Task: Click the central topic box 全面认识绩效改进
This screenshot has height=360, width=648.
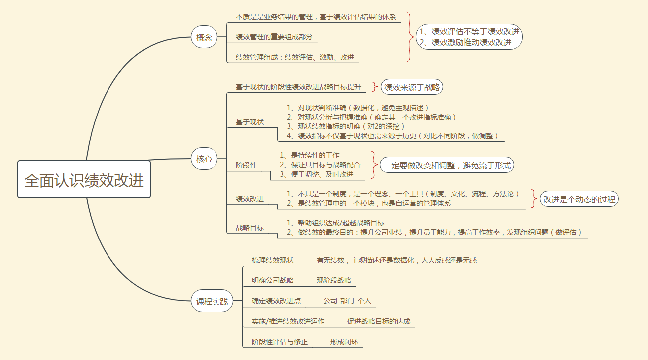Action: coord(84,179)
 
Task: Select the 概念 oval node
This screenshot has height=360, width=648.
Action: coord(204,37)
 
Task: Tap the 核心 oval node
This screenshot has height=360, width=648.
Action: coord(204,158)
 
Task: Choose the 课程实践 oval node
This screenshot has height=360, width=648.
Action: coord(212,301)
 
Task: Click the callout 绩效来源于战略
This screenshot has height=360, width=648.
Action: coord(412,87)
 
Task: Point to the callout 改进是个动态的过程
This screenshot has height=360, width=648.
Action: coord(579,199)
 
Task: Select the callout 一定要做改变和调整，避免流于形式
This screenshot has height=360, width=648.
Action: coord(446,165)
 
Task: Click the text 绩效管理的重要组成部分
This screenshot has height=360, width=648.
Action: coord(274,37)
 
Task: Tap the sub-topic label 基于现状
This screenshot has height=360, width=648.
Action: coord(250,122)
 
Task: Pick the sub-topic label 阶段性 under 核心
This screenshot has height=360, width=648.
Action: coord(246,165)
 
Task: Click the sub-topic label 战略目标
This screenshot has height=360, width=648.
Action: coord(250,228)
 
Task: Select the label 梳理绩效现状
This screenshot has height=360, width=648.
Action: coord(273,260)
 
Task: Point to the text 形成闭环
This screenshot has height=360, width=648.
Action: coord(344,342)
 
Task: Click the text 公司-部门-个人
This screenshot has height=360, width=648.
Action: coord(347,301)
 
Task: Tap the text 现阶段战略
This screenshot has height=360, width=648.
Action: coord(334,280)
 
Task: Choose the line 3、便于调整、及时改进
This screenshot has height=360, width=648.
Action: coord(317,174)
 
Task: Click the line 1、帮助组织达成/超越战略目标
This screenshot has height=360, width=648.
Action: coord(335,223)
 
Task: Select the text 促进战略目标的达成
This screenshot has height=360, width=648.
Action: coord(379,321)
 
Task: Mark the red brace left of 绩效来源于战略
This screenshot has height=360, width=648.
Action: coord(375,87)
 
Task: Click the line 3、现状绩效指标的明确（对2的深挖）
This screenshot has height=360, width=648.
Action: coord(345,126)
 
